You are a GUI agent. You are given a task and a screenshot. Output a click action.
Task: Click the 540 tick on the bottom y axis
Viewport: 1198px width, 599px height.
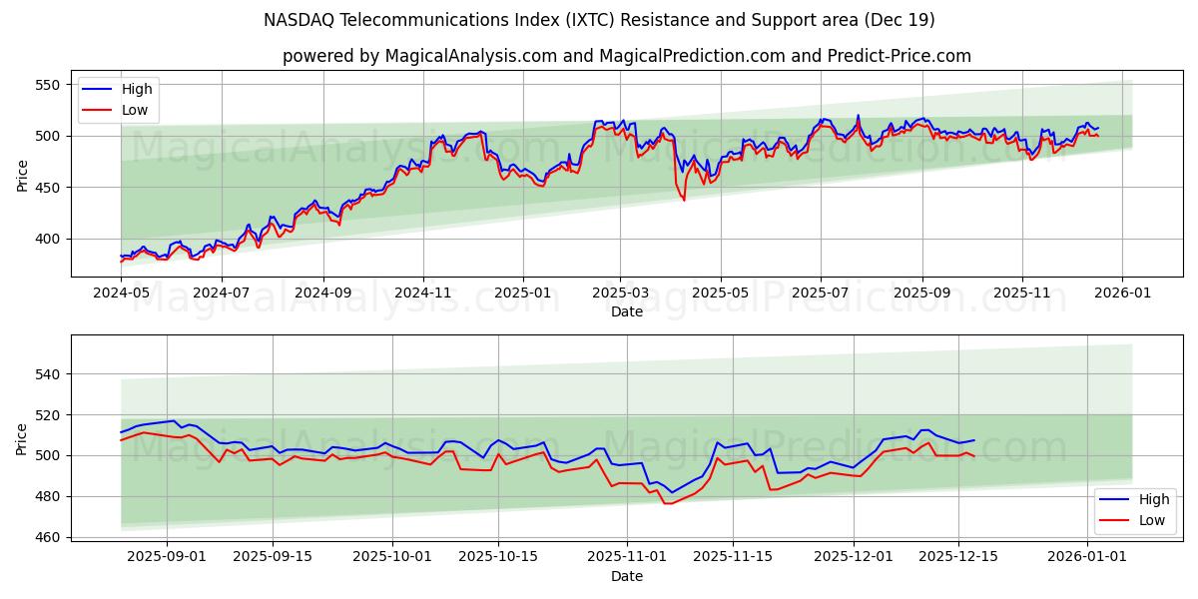point(51,374)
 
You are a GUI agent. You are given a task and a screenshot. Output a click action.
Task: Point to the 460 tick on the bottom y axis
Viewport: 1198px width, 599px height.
point(51,537)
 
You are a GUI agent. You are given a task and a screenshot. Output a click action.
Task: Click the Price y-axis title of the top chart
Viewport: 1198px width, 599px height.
point(22,174)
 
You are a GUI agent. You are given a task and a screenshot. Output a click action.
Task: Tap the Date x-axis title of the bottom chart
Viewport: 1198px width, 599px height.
point(626,577)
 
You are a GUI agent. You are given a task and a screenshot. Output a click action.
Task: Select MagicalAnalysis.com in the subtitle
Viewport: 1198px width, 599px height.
point(470,56)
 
